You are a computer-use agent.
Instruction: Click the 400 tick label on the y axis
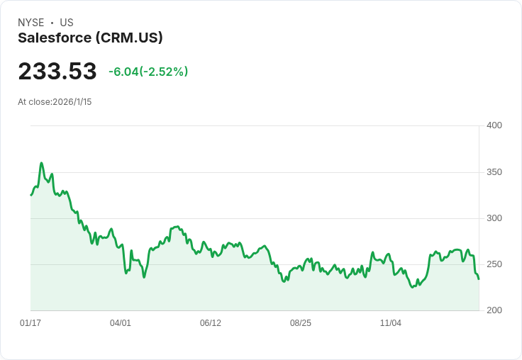click(x=494, y=125)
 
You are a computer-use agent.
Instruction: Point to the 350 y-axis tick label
click(x=494, y=172)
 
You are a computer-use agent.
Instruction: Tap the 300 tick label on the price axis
click(x=494, y=218)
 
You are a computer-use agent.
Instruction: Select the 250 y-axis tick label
click(x=494, y=264)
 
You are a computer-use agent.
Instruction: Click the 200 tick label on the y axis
click(x=494, y=310)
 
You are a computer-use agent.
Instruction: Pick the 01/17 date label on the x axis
click(x=30, y=323)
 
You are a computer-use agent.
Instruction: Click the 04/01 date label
click(x=121, y=323)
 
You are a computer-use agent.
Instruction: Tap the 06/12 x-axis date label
click(x=211, y=323)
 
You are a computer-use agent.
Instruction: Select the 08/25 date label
click(x=301, y=323)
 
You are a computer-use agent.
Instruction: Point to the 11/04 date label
click(x=391, y=323)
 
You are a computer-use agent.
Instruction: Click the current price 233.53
click(x=57, y=72)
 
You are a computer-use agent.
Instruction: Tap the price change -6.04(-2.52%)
click(x=148, y=72)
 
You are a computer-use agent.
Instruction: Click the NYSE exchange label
click(x=31, y=23)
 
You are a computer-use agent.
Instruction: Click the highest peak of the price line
click(x=42, y=163)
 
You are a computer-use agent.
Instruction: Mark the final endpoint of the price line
click(x=479, y=279)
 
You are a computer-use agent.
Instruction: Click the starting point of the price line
click(x=30, y=195)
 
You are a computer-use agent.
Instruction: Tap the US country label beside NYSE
click(x=67, y=23)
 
